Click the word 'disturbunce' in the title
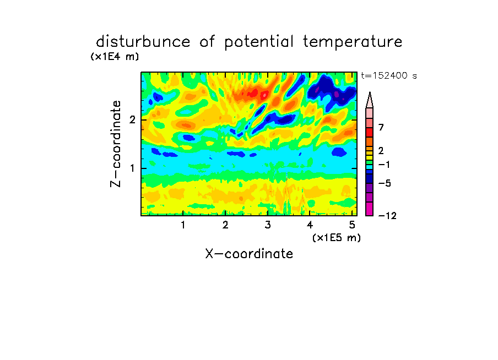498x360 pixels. [x=143, y=42]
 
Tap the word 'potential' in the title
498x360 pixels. [x=259, y=42]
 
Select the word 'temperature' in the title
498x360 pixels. [x=353, y=42]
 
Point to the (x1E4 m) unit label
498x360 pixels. [x=115, y=57]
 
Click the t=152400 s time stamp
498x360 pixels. [x=389, y=75]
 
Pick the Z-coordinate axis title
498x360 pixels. [x=116, y=144]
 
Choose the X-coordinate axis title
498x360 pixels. [x=249, y=254]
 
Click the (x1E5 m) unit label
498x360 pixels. [x=337, y=238]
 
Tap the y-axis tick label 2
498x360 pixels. [x=132, y=120]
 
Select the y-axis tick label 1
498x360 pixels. [x=132, y=168]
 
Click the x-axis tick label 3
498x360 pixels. [x=268, y=225]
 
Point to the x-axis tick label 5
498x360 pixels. [x=352, y=225]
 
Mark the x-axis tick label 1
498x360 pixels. [x=183, y=225]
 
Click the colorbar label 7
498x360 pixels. [x=381, y=127]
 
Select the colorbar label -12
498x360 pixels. [x=387, y=216]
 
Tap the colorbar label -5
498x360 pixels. [x=385, y=183]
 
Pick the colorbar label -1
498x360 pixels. [x=385, y=165]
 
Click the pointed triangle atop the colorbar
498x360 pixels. [x=370, y=100]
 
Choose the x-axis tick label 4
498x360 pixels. [x=310, y=225]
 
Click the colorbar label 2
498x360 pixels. [x=381, y=150]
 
